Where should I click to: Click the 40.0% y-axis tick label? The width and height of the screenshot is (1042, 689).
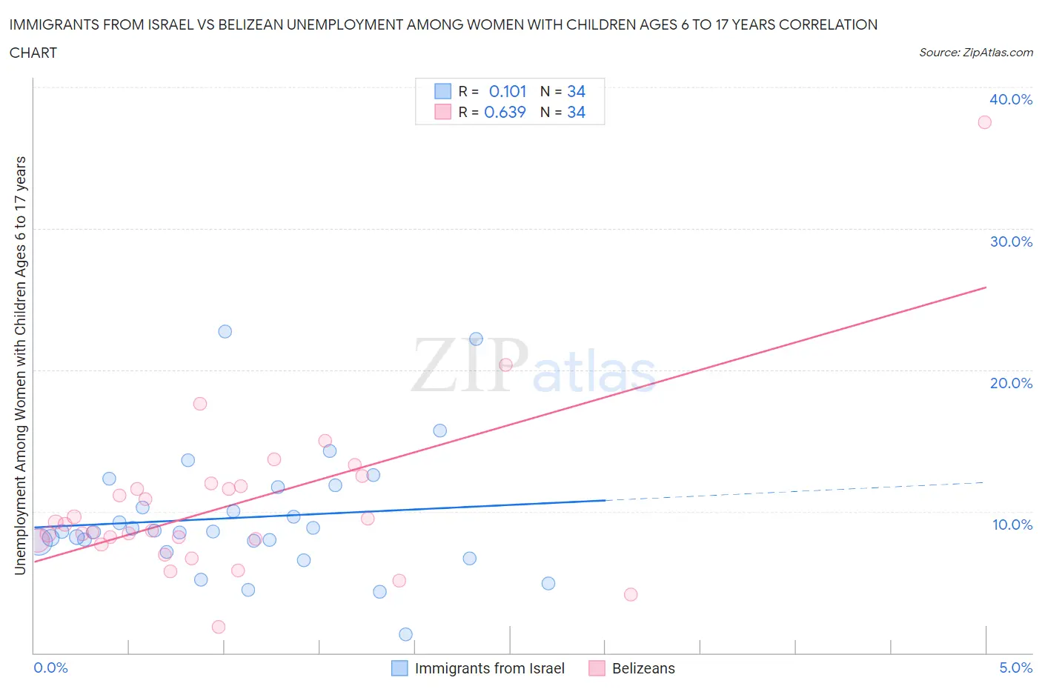(1011, 99)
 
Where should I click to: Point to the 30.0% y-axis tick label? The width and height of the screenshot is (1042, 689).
(1011, 242)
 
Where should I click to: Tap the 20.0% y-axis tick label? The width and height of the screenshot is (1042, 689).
(1011, 383)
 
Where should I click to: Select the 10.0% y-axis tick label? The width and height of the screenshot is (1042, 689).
(1012, 525)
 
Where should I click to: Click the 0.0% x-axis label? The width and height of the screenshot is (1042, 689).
(50, 668)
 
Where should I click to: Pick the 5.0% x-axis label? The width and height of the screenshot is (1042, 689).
(1015, 668)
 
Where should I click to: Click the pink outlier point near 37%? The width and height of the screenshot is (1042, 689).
(984, 122)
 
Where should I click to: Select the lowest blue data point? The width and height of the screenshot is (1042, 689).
(405, 634)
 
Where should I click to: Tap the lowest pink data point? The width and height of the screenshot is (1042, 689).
(219, 627)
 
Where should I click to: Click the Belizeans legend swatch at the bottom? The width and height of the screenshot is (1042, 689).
(597, 668)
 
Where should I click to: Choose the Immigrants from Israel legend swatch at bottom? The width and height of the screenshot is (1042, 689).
(399, 668)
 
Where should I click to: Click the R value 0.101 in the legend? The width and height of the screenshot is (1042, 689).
(508, 91)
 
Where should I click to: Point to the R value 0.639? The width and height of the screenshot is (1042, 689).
(505, 112)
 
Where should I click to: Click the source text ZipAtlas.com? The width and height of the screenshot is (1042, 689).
(998, 53)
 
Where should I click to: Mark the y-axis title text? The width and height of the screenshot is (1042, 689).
(20, 365)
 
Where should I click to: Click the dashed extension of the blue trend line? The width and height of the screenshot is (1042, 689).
(793, 491)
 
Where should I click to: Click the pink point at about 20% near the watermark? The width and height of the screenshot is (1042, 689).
(505, 365)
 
